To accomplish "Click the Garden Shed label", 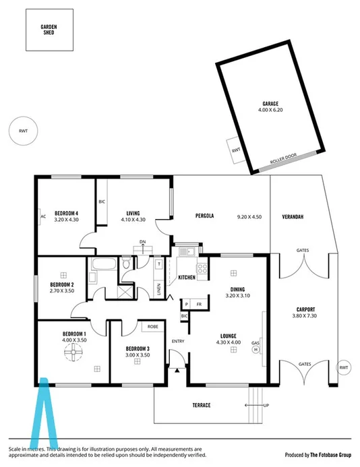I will [49, 29].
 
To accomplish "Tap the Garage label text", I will [270, 104].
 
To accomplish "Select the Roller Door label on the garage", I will [283, 160].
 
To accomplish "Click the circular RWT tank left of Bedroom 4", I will [24, 131].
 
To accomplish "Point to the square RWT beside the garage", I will [235, 150].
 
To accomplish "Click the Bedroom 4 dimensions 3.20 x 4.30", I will [67, 219].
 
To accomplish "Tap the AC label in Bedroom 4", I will [42, 216].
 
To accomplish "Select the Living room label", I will [133, 213].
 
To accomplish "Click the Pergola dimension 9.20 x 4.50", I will [249, 216].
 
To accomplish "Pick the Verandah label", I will [293, 216].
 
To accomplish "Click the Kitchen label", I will [187, 277].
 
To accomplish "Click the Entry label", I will [178, 341].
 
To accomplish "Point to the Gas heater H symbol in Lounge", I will [256, 349].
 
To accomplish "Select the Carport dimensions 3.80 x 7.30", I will [305, 315].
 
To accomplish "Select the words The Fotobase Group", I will [328, 454].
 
